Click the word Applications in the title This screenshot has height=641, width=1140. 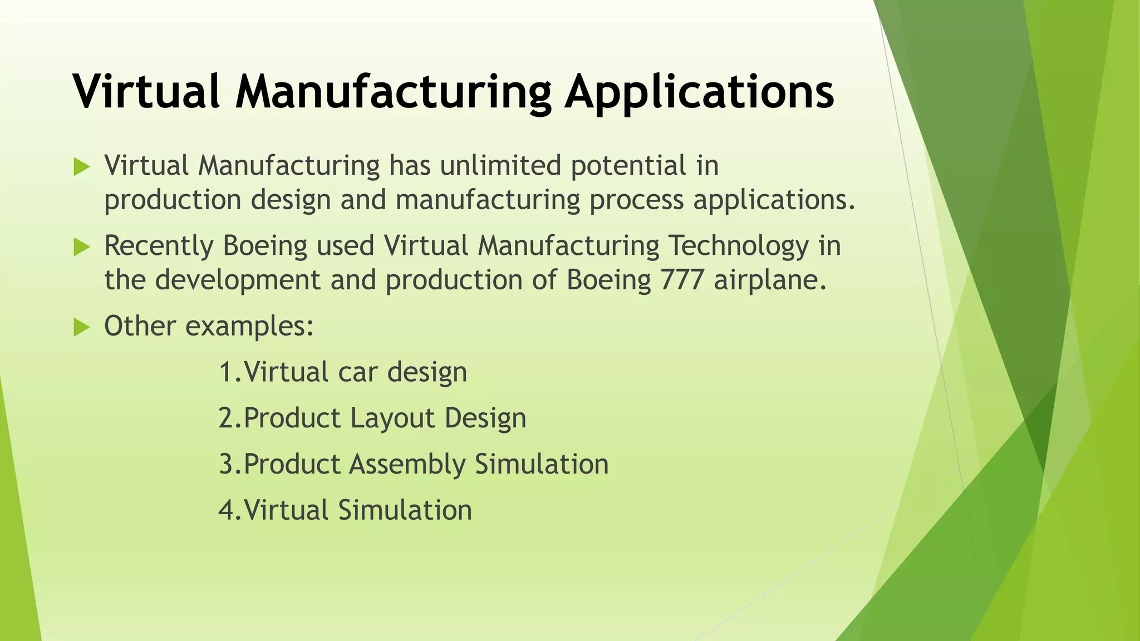699,92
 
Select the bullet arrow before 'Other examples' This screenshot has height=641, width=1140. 81,328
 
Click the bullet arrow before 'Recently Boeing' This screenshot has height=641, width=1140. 81,248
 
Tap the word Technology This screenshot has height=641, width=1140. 738,246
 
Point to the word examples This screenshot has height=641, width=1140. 249,327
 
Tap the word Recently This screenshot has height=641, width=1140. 159,246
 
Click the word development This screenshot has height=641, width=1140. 238,280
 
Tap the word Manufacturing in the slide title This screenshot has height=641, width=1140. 393,92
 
